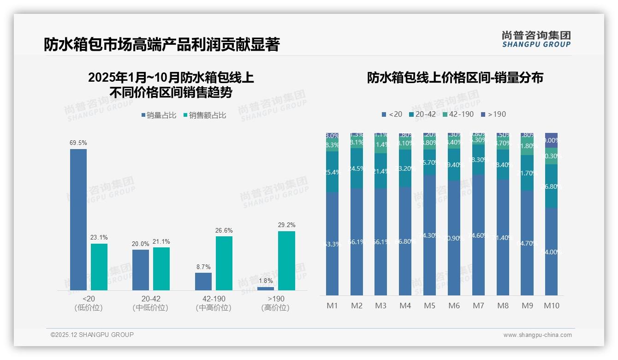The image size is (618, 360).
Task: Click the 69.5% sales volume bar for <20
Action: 78,219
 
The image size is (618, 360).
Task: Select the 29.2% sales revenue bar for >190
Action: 286,260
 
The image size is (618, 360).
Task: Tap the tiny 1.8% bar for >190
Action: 265,288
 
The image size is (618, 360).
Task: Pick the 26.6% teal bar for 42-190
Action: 224,263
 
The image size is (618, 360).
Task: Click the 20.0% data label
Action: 141,244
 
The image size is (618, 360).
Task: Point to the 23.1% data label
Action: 99,238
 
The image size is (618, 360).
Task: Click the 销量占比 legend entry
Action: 159,115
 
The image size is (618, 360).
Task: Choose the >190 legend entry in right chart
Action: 493,114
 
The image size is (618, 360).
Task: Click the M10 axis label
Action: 551,306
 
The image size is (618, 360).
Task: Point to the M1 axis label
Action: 332,306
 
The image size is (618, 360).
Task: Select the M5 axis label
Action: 429,306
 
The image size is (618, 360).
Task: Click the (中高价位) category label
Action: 214,308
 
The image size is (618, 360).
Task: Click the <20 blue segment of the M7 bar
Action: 478,235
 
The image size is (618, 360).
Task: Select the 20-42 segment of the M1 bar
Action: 332,172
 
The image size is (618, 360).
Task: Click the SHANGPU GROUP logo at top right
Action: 536,39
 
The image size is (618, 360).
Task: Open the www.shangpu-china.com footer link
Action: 537,335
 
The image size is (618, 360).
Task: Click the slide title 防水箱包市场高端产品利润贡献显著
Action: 161,45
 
